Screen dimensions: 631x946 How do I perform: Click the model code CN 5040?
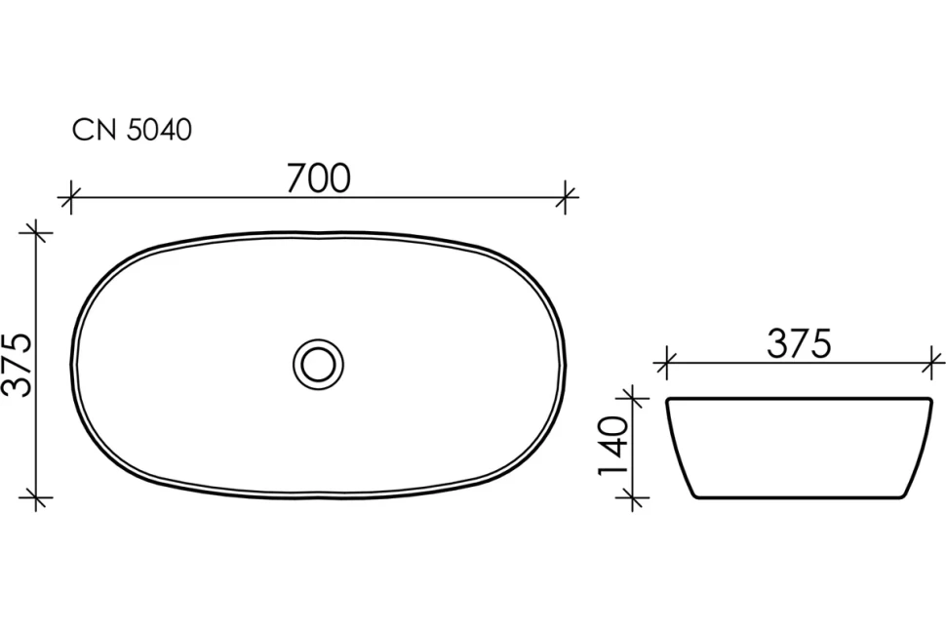pos(132,131)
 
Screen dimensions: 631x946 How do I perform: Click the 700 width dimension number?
pos(318,178)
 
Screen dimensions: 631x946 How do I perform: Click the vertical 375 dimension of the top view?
pos(19,365)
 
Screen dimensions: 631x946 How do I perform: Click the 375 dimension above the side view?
pos(798,343)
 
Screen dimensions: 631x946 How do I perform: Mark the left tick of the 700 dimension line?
pos(67,198)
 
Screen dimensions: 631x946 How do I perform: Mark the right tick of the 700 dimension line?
pos(567,197)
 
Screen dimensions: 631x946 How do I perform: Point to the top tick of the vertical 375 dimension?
pos(36,233)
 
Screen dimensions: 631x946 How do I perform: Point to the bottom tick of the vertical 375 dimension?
pos(36,498)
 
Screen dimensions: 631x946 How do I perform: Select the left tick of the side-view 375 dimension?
pos(666,363)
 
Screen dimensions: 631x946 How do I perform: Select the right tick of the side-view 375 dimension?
pos(931,363)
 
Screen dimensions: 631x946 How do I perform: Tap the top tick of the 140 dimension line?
pos(634,398)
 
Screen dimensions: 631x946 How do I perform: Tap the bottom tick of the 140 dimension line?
pos(634,498)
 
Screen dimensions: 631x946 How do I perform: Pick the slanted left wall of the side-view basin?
pos(680,450)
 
